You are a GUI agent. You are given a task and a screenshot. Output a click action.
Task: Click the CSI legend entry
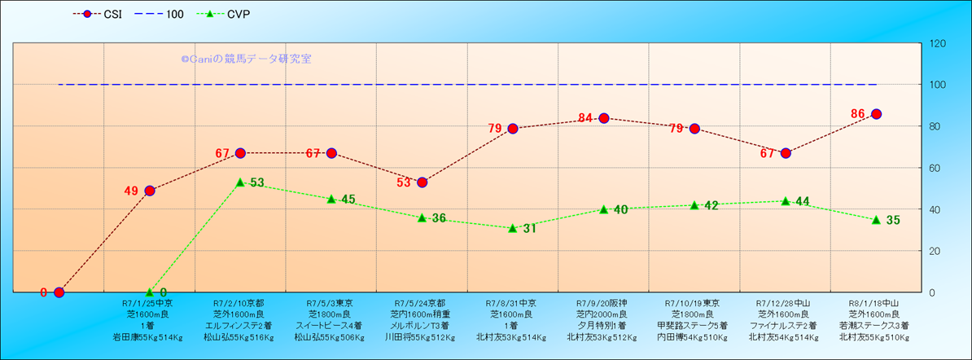[x=98, y=15]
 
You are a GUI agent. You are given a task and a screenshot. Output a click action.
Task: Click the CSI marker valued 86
[x=876, y=114]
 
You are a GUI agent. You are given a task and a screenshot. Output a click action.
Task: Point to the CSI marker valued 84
[x=604, y=118]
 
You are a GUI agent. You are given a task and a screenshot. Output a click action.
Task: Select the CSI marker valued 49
[x=150, y=191]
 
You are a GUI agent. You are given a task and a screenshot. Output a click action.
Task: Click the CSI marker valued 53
[x=423, y=182]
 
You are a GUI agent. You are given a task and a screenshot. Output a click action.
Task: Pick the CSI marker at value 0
[x=59, y=292]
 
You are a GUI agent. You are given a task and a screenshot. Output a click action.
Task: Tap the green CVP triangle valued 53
[x=240, y=182]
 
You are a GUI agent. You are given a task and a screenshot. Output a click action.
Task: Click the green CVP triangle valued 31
[x=513, y=228]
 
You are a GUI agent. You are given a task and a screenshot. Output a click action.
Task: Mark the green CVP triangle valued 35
[x=876, y=220]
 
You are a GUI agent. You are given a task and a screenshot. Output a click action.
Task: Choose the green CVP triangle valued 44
[x=786, y=201]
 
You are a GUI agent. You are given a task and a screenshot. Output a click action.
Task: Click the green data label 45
[x=348, y=200]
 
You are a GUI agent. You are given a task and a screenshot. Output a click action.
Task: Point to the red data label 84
[x=585, y=118]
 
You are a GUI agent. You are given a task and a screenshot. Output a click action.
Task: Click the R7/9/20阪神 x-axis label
[x=603, y=302]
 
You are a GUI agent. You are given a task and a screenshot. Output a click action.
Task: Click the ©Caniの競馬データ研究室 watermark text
[x=246, y=59]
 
